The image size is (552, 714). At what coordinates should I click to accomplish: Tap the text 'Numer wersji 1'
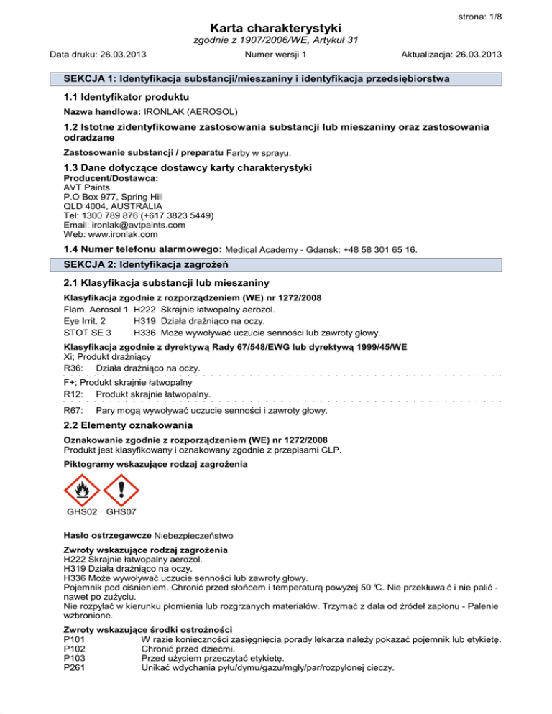tap(276, 55)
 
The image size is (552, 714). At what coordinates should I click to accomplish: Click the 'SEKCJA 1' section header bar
tap(276, 78)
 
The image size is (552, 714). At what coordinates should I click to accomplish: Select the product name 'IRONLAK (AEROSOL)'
tap(190, 113)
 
